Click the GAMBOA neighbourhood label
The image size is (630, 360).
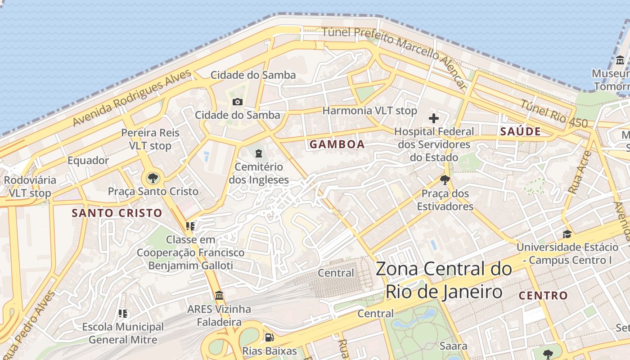[337, 144]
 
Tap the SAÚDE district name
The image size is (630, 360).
[520, 131]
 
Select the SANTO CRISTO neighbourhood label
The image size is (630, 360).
[117, 213]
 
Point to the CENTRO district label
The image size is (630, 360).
[543, 296]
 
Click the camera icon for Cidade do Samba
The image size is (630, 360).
[237, 102]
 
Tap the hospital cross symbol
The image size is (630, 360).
[434, 118]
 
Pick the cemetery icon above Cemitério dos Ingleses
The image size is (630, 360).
[258, 154]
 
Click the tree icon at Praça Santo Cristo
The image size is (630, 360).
[153, 178]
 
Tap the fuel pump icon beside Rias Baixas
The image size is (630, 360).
[269, 337]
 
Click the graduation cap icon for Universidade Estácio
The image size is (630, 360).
[567, 234]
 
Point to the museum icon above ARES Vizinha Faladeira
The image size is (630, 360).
[219, 296]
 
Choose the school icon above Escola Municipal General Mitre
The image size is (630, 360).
[123, 314]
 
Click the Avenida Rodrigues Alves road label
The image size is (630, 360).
[132, 98]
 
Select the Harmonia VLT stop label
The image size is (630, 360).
[369, 110]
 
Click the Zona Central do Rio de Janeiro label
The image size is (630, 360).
[443, 280]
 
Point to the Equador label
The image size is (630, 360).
[88, 161]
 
